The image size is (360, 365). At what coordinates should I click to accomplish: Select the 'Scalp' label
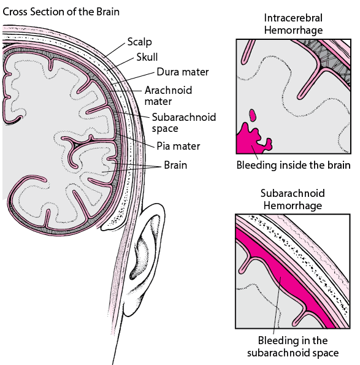point(139,42)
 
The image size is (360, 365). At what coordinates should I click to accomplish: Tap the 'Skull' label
point(147,57)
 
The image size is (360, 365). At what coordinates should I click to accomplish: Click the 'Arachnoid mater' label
point(167,95)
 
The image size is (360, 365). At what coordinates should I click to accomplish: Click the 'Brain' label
point(175,165)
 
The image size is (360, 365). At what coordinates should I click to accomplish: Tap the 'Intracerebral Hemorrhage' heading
point(293,24)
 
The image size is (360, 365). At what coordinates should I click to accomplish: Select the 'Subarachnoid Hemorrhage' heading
point(292,199)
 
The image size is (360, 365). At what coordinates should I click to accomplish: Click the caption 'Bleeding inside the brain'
point(293,165)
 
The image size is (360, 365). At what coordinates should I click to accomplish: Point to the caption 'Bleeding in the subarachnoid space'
point(293,346)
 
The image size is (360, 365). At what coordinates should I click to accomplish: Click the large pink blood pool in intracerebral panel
point(250,140)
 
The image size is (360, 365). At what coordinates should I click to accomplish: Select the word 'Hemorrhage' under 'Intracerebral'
point(293,29)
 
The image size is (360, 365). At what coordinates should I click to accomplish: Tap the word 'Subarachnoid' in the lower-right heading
point(292,193)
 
